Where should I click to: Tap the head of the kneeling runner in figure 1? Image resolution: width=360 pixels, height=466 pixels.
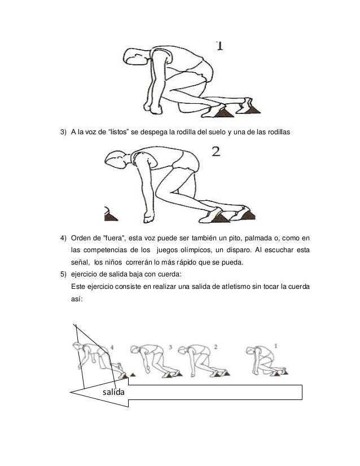pos(135,56)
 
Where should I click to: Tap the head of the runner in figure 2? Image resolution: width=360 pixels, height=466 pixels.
pos(116,160)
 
